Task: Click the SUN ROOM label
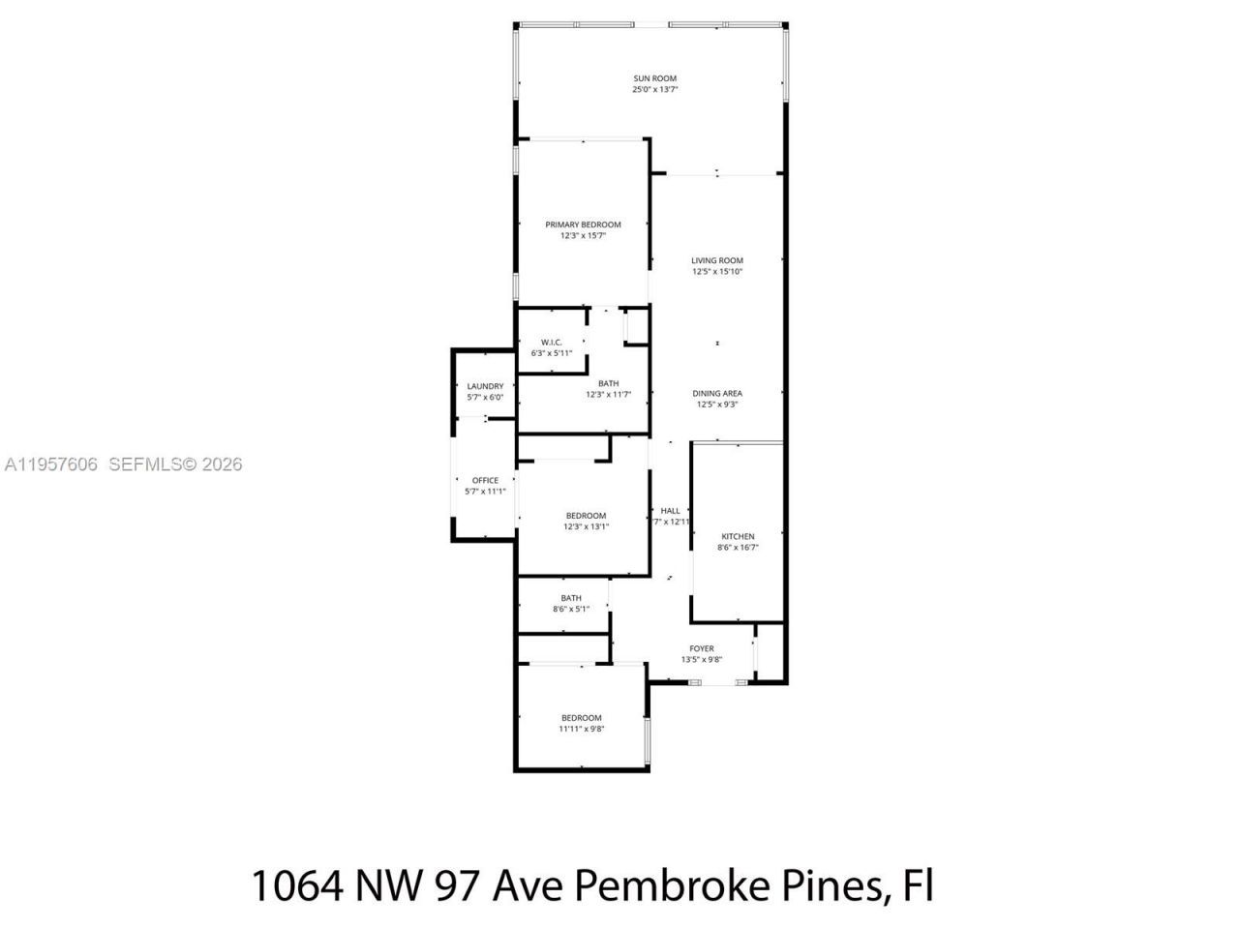[x=654, y=78]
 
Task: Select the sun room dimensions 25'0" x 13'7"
[x=654, y=90]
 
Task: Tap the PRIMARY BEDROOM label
[x=583, y=225]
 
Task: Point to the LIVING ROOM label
[x=717, y=260]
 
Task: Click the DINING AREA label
[x=717, y=393]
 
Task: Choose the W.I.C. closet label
[x=552, y=343]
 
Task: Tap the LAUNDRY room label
[x=485, y=386]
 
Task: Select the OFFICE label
[x=485, y=480]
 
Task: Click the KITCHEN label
[x=738, y=536]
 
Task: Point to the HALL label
[x=671, y=510]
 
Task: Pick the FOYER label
[x=702, y=648]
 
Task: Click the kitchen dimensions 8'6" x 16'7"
[x=738, y=548]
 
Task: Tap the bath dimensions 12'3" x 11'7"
[x=608, y=395]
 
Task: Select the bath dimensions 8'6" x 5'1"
[x=571, y=610]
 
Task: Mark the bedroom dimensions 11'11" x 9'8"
[x=582, y=729]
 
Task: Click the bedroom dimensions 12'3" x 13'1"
[x=587, y=527]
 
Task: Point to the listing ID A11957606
[x=51, y=464]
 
